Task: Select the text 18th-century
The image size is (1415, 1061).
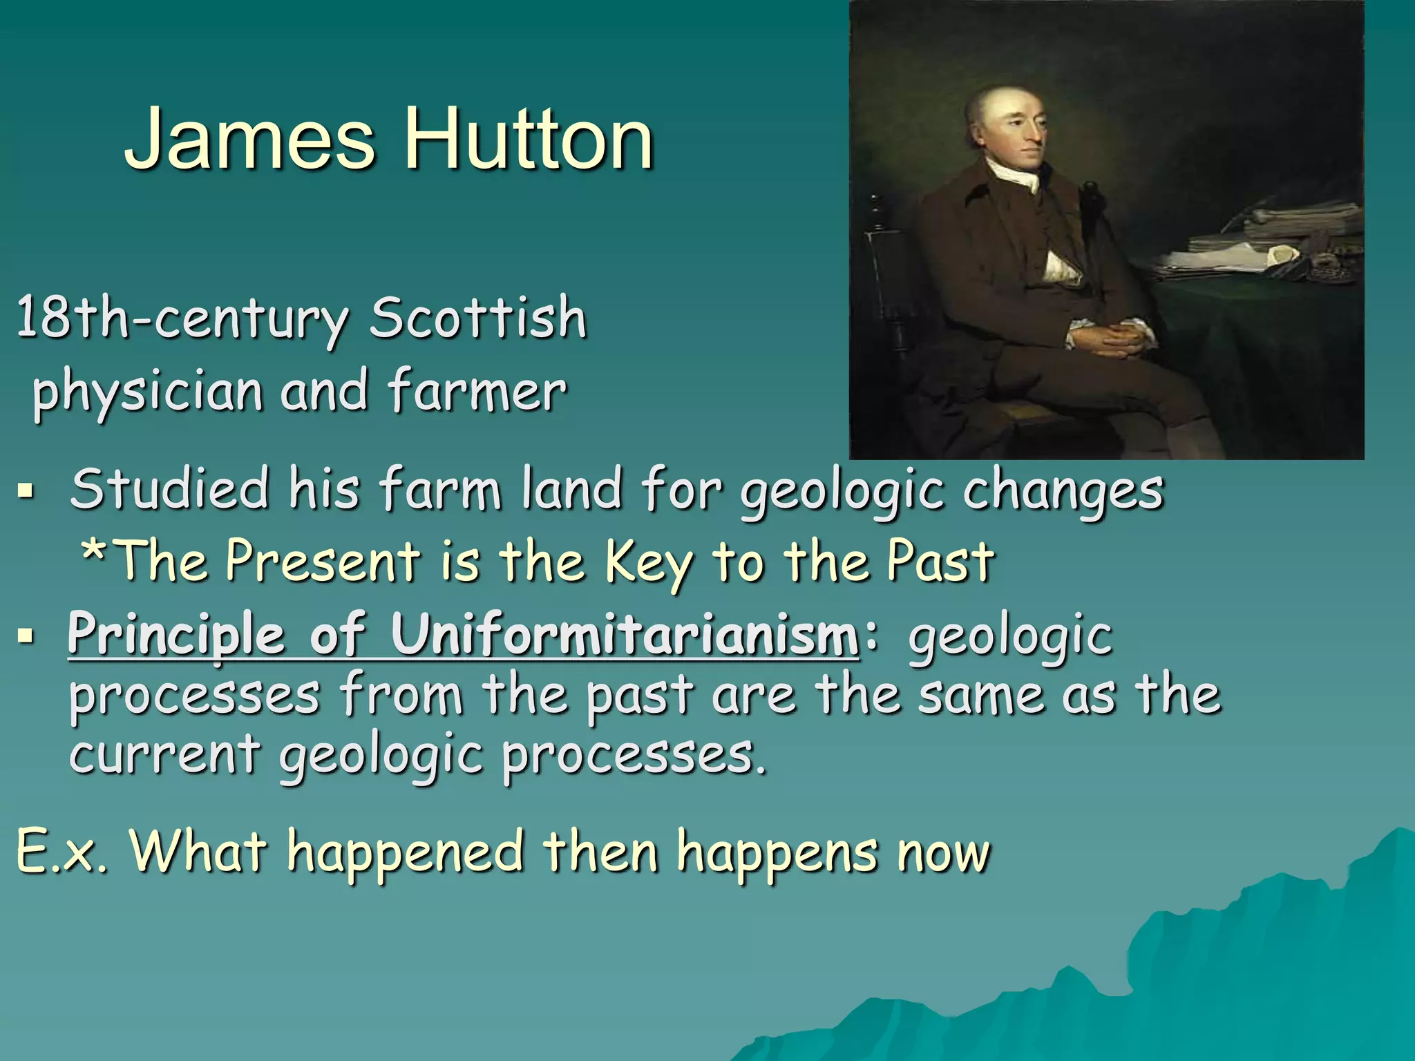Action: [181, 318]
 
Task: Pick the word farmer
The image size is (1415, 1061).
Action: [477, 391]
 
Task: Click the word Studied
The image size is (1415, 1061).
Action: [169, 489]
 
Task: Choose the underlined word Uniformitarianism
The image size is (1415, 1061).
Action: [625, 633]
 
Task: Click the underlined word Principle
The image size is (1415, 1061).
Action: [176, 635]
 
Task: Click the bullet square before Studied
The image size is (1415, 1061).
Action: [26, 492]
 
